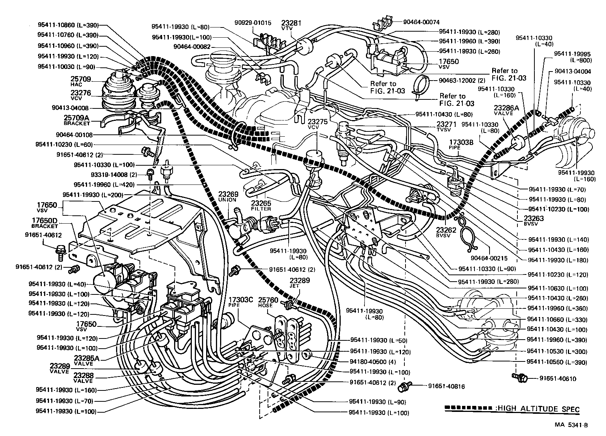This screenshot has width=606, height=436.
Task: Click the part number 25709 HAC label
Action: [x=80, y=81]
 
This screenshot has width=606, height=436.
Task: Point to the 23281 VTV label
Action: [x=291, y=25]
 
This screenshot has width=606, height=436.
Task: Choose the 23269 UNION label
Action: [x=227, y=197]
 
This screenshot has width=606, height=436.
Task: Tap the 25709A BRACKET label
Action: [x=77, y=120]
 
